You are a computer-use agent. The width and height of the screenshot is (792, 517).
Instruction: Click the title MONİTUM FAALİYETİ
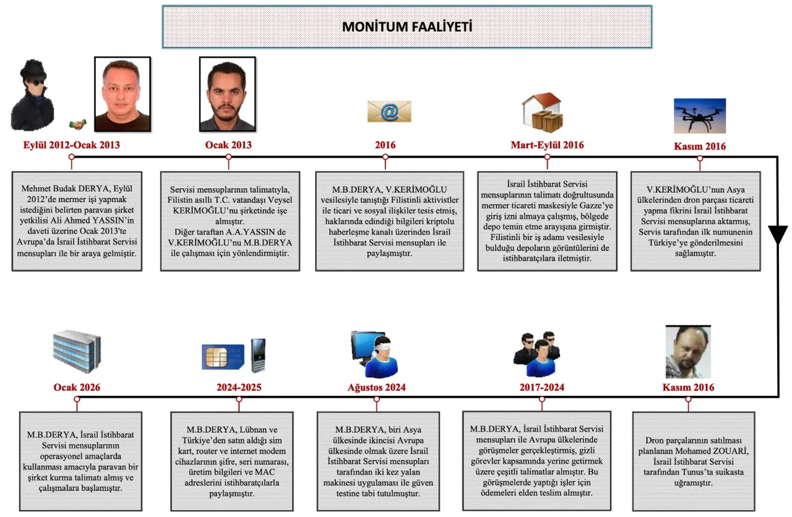click(407, 27)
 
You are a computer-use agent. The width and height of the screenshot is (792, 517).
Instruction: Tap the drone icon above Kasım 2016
click(699, 116)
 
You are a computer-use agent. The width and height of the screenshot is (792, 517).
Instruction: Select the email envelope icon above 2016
click(389, 112)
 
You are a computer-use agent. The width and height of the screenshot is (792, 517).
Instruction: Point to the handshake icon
click(78, 124)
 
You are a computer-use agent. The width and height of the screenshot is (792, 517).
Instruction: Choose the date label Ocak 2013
click(228, 145)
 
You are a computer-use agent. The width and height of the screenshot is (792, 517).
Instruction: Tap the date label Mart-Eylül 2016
click(547, 145)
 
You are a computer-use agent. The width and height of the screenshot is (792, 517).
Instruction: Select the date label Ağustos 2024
click(377, 388)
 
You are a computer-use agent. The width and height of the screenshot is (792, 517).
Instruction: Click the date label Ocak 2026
click(77, 388)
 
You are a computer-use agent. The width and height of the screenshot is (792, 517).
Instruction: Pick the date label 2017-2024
click(542, 388)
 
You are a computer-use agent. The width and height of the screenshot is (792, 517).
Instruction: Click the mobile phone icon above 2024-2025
click(257, 354)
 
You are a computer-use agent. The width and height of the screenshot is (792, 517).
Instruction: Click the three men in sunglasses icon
click(537, 354)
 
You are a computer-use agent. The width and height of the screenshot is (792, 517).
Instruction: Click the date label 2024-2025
click(239, 388)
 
